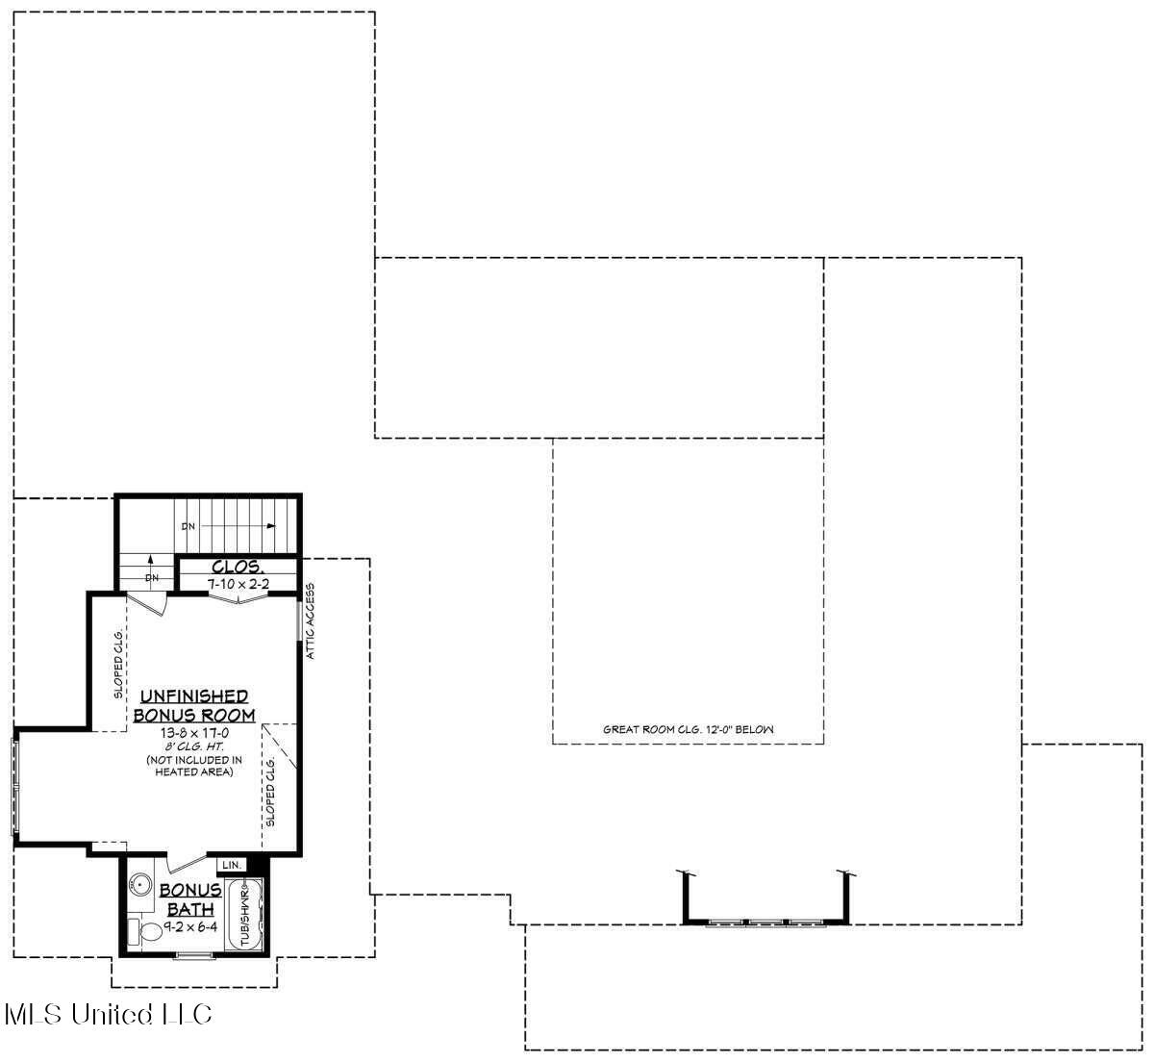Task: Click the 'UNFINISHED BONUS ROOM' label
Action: pos(193,705)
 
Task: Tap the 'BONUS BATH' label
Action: pos(190,899)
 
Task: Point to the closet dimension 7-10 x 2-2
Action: pos(237,583)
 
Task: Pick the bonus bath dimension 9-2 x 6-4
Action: pos(190,929)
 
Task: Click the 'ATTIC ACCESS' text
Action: pos(310,621)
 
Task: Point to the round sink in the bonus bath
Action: pos(141,883)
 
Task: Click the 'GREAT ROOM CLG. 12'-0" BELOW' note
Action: pos(688,730)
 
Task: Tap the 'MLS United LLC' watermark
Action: pos(108,1014)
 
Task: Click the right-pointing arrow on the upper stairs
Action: pos(271,526)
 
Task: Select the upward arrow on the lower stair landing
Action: pos(150,561)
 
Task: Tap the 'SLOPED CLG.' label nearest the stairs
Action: pos(118,664)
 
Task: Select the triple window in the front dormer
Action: pos(766,923)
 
